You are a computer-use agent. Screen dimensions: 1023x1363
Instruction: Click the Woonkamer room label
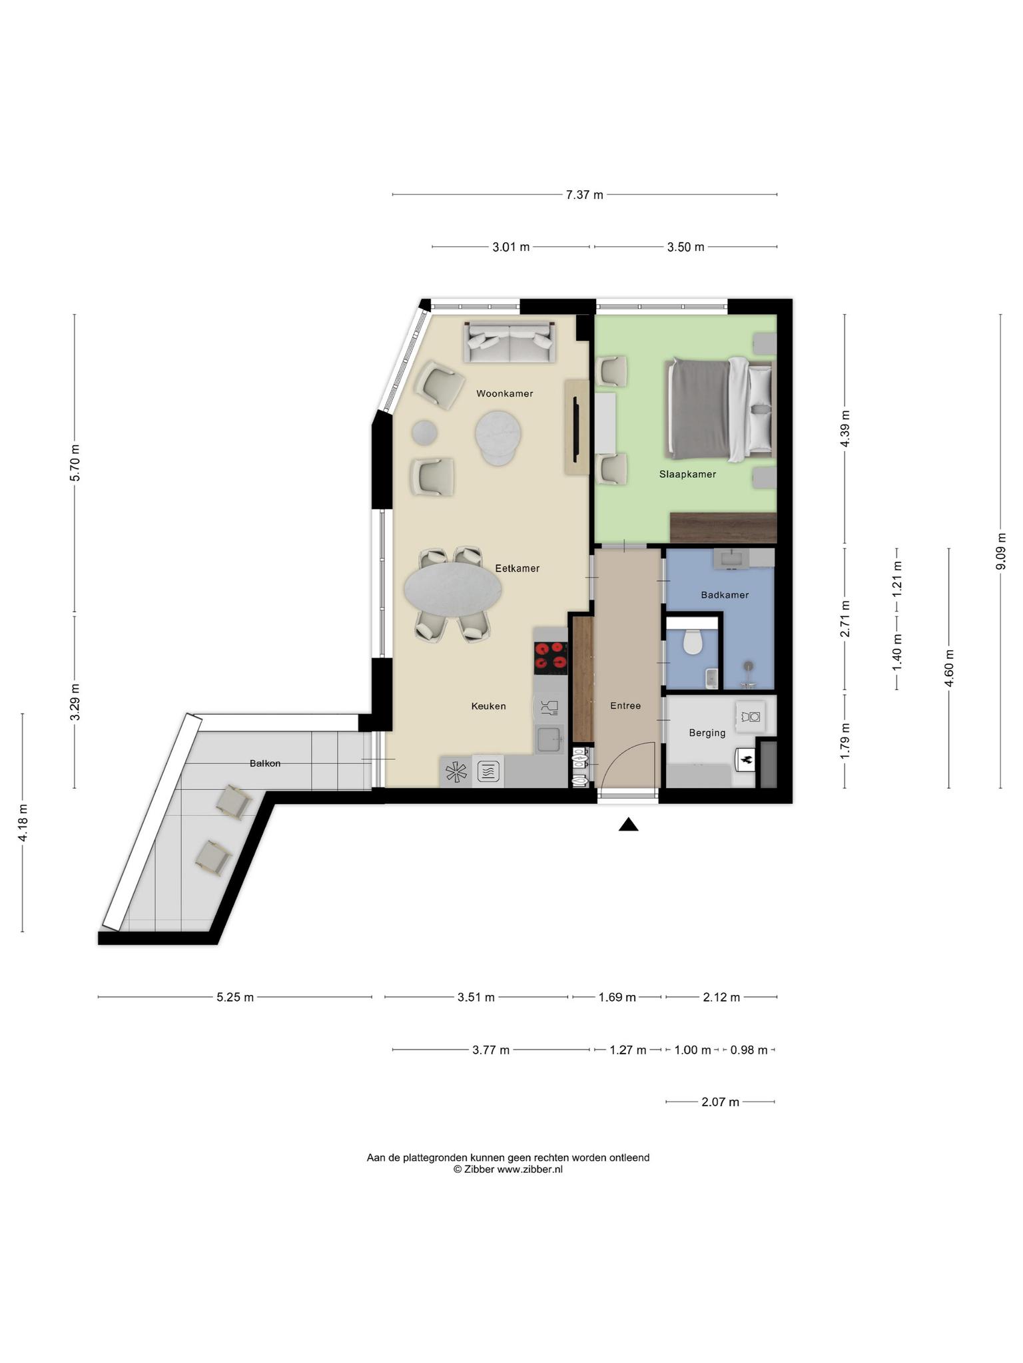[504, 393]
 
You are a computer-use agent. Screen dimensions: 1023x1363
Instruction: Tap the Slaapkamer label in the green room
[687, 475]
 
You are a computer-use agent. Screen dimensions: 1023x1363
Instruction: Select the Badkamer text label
[725, 595]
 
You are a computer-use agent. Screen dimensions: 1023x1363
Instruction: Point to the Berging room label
[707, 733]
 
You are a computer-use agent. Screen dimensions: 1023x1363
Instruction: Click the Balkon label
[265, 763]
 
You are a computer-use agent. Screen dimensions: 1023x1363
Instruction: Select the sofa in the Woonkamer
[510, 341]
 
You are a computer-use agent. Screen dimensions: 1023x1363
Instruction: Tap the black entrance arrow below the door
[628, 825]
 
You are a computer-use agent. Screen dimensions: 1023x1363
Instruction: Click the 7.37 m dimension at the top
[584, 195]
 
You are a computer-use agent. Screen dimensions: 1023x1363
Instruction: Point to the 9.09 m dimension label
[1000, 551]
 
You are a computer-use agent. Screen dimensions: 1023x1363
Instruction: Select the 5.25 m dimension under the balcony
[235, 997]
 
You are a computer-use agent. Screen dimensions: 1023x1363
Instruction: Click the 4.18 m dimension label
[23, 822]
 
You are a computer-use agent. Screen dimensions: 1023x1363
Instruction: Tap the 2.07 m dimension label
[720, 1102]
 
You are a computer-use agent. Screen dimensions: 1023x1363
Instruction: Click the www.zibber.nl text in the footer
[529, 1169]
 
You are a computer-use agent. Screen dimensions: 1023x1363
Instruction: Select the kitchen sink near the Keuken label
[550, 739]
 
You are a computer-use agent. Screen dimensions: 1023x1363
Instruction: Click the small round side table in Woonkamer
[424, 433]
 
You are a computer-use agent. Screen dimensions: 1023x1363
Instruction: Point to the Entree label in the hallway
[625, 705]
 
